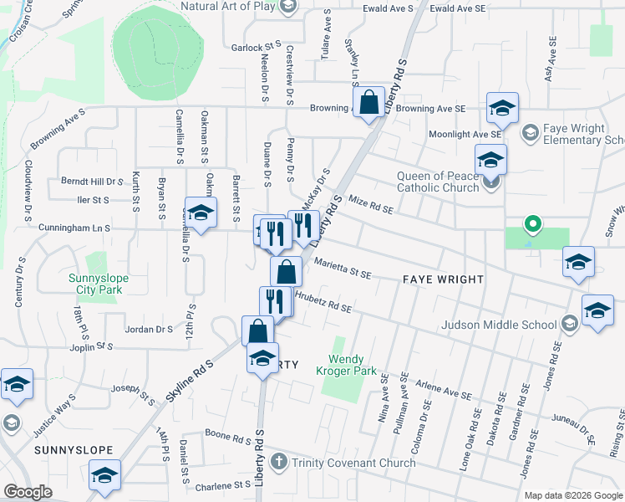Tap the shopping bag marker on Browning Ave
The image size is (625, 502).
click(x=368, y=104)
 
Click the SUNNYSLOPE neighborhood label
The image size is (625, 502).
click(x=74, y=450)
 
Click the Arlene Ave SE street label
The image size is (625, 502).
click(x=445, y=391)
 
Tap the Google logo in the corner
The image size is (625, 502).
click(x=28, y=492)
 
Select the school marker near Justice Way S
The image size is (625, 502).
click(x=17, y=386)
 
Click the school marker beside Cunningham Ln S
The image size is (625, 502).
click(x=201, y=215)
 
